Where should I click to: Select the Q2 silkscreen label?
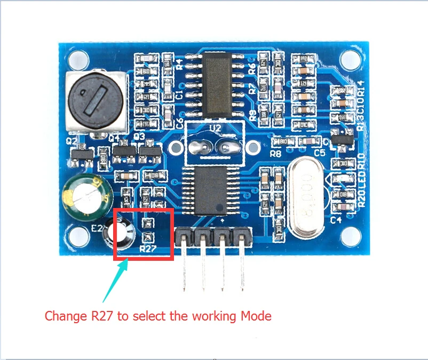tap(71, 141)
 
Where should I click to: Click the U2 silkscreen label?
tap(215, 128)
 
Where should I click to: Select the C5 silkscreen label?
tap(320, 153)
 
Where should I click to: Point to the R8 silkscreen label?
tap(275, 154)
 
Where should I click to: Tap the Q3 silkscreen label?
tap(140, 137)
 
